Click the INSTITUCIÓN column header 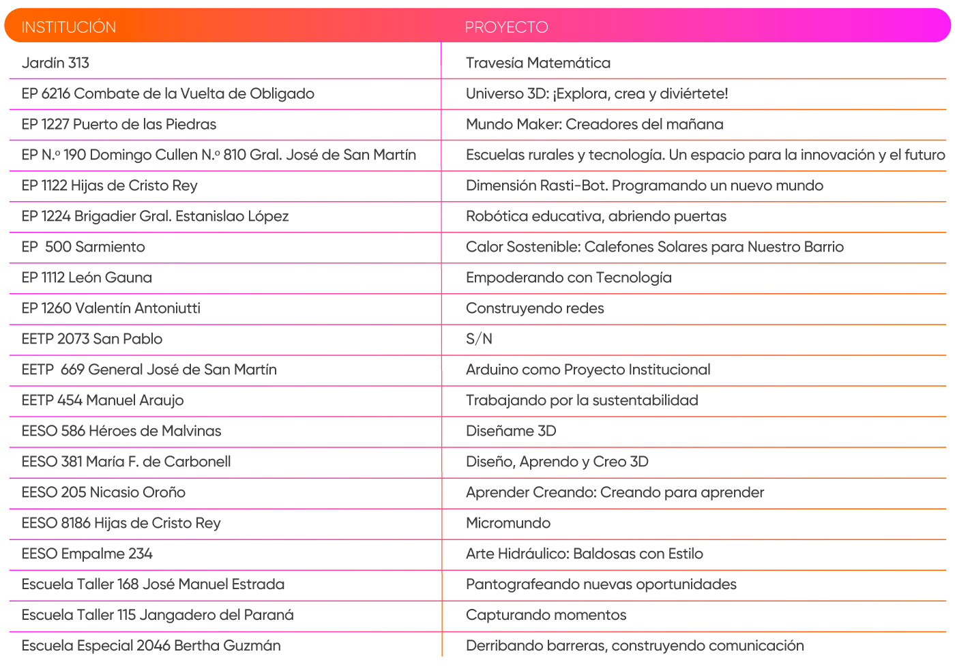[69, 27]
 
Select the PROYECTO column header [506, 27]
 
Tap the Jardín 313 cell [56, 63]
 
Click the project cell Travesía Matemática [538, 63]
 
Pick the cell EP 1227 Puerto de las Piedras [119, 124]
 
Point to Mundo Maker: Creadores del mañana [594, 124]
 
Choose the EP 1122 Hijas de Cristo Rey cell [109, 185]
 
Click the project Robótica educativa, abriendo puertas [596, 216]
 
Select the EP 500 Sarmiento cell [83, 247]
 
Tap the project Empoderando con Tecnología [568, 278]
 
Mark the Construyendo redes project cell [535, 308]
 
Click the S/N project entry [479, 339]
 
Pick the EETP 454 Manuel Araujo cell [102, 400]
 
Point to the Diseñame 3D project [511, 431]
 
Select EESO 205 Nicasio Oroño [103, 492]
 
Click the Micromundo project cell [508, 523]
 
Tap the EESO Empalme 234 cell [87, 554]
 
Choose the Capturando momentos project [546, 615]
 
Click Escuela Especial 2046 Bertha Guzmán [151, 646]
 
